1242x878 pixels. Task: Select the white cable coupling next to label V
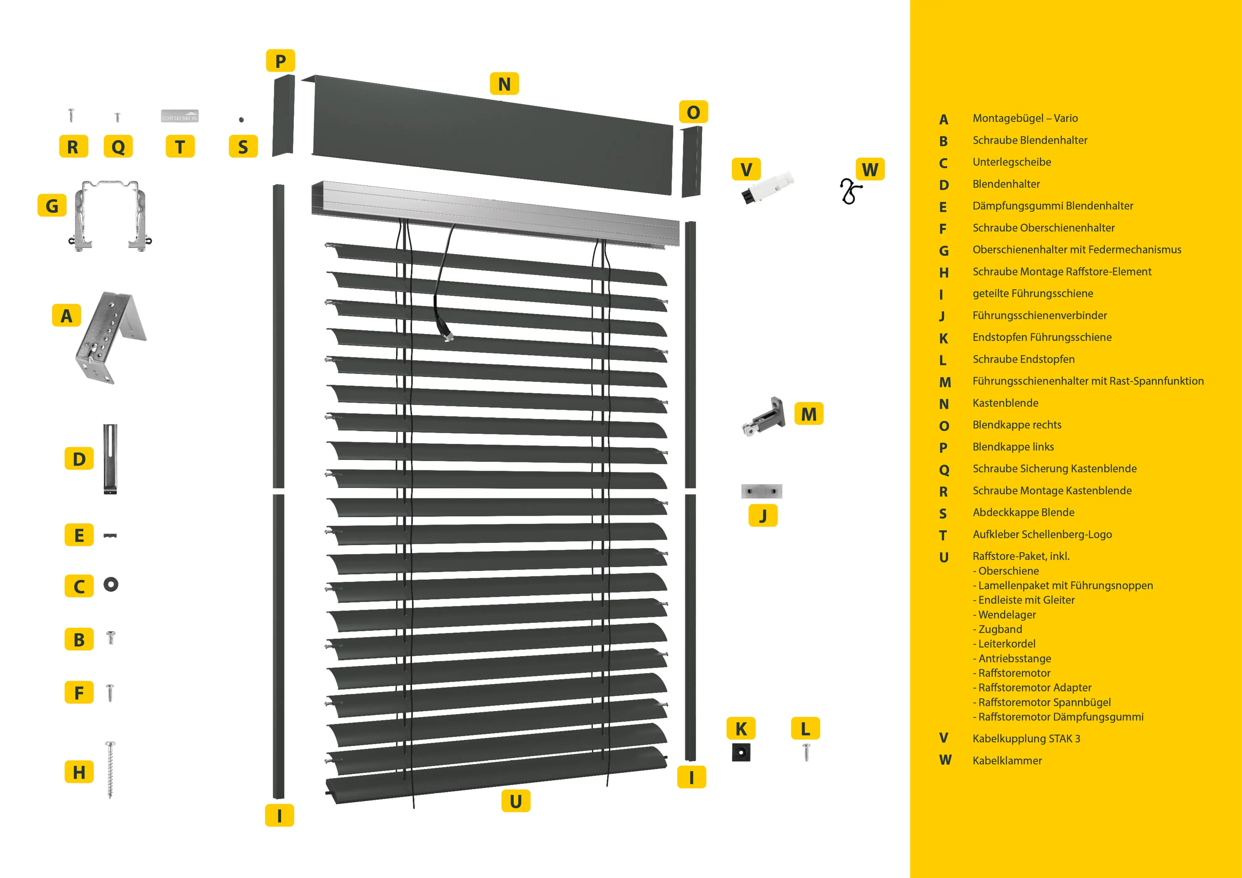coord(767,187)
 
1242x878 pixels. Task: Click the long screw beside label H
coord(110,769)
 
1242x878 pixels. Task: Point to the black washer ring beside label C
coord(111,584)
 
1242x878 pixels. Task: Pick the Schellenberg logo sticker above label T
coord(180,116)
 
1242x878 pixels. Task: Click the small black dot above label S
coord(241,120)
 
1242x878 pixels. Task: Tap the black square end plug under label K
coord(740,752)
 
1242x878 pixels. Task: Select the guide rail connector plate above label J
coord(761,491)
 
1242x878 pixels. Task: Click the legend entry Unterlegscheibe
coord(1012,162)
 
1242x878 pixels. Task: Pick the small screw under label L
coord(806,752)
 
